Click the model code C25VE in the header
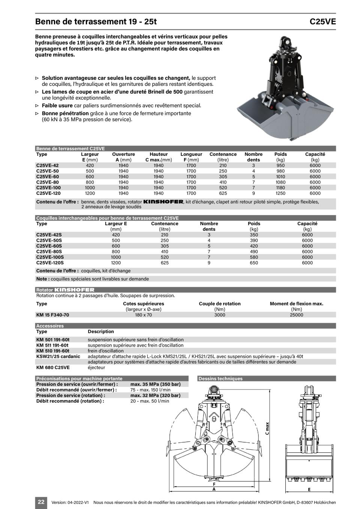(x=322, y=22)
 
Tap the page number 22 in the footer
(x=41, y=502)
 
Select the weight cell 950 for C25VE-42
(x=280, y=165)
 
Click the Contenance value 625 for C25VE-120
(x=223, y=193)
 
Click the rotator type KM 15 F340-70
(x=52, y=315)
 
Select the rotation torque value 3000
(x=219, y=315)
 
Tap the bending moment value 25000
(x=296, y=315)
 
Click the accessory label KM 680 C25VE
(x=53, y=368)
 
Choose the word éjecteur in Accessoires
(x=97, y=368)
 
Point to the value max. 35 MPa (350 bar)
(x=155, y=384)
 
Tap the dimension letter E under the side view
(x=309, y=490)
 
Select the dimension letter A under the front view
(x=214, y=489)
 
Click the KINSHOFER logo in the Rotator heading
(x=74, y=290)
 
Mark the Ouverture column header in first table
(x=123, y=154)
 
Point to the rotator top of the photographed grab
(x=286, y=41)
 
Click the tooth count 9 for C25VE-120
(x=253, y=193)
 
